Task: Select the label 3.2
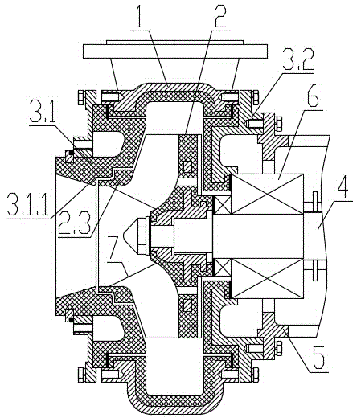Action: point(298,59)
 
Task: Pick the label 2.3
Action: point(74,222)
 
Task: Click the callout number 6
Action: point(312,99)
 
